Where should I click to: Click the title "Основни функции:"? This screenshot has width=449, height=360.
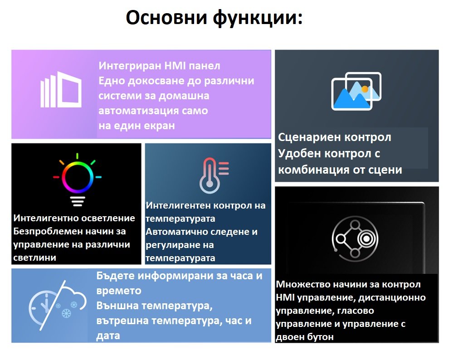(x=214, y=18)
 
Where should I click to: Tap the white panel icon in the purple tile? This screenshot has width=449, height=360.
(x=61, y=90)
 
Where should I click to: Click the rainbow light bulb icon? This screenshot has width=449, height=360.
(x=77, y=180)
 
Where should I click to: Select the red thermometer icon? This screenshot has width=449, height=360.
(x=214, y=175)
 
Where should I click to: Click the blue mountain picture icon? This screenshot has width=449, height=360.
(x=356, y=91)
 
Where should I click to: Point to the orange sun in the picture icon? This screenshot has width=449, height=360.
(x=365, y=89)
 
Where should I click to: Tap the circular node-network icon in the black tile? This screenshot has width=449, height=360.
(x=355, y=238)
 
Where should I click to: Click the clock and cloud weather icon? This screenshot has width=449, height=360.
(x=57, y=305)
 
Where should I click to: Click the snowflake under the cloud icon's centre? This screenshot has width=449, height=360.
(x=66, y=313)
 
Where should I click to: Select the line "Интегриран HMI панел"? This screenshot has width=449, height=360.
(x=160, y=66)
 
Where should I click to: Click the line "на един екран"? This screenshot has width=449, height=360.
(x=137, y=126)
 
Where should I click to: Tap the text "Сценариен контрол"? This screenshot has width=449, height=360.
(x=334, y=137)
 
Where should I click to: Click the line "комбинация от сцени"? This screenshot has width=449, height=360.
(x=340, y=170)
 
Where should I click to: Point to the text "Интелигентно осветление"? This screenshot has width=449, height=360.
(x=74, y=218)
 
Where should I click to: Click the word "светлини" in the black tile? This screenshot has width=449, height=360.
(x=34, y=258)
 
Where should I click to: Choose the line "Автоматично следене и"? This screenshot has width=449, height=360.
(x=201, y=232)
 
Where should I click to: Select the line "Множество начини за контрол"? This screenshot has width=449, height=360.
(x=348, y=284)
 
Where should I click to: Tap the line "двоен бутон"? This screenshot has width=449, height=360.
(x=305, y=337)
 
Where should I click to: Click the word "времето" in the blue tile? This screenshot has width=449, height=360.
(x=119, y=291)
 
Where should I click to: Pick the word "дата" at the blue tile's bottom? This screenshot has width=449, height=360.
(x=108, y=336)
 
